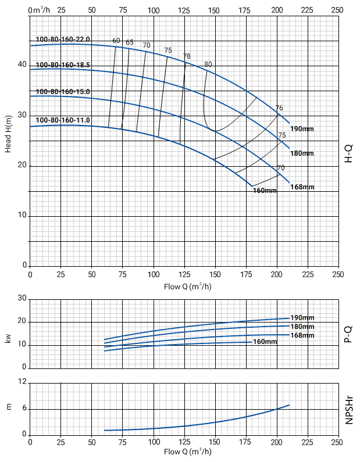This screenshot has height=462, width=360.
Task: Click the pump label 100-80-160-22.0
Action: tap(63, 40)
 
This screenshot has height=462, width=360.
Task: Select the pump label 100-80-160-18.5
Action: tap(63, 65)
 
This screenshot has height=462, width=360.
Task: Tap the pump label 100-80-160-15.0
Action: tap(63, 92)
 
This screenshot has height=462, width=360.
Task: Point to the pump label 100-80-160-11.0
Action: tap(63, 120)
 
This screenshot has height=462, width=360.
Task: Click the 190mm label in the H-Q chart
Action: tap(302, 128)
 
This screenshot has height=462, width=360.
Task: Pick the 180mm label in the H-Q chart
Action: tap(302, 153)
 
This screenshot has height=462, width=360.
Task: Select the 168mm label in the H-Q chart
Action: tap(302, 187)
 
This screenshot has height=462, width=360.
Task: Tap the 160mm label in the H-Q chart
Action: tap(265, 191)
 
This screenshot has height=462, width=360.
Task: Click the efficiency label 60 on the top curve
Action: tap(116, 41)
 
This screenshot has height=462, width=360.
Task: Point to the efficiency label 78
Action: tap(187, 56)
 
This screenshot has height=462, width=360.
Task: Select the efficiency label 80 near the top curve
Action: tap(208, 64)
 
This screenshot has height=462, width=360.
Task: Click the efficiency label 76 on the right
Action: tap(279, 109)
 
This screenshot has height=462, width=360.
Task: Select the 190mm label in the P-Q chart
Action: tap(302, 318)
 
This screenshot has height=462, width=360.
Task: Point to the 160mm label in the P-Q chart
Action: tap(265, 342)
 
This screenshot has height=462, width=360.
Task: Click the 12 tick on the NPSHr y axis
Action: tap(23, 382)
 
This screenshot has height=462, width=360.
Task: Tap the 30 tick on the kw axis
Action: tap(23, 299)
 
